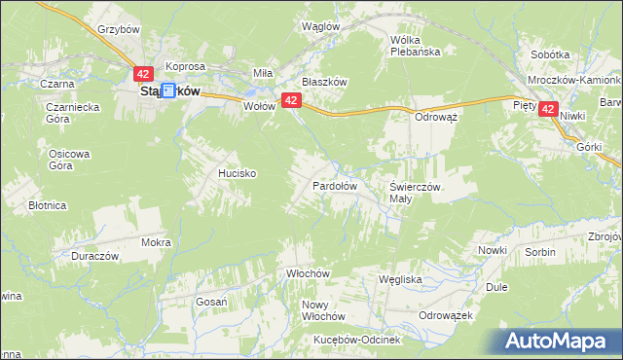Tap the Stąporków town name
(165, 91)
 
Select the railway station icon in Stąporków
(167, 90)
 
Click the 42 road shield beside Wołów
(290, 100)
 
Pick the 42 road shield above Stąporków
(142, 74)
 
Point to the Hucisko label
(237, 172)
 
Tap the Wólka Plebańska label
(416, 46)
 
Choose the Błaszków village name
(324, 83)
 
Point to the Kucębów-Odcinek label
(356, 340)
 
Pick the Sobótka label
(550, 54)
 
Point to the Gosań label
(210, 302)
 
